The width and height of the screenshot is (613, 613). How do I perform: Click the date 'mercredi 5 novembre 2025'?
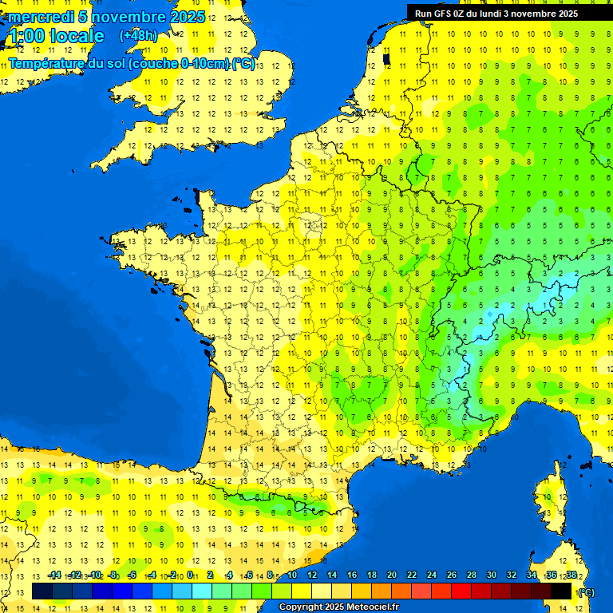click(107, 17)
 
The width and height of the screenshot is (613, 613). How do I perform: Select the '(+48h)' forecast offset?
click(138, 36)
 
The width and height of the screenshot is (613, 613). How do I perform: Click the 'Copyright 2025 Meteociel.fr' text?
click(338, 607)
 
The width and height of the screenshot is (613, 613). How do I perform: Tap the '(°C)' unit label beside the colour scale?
click(586, 592)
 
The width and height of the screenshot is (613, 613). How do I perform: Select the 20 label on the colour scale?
click(392, 575)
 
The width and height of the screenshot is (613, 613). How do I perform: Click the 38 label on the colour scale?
click(571, 575)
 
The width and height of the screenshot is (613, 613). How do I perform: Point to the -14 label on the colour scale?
click(54, 575)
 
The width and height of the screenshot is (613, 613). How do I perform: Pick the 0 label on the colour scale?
click(192, 575)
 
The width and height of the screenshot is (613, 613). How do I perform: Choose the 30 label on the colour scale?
click(492, 575)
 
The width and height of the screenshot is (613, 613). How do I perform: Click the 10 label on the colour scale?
click(292, 575)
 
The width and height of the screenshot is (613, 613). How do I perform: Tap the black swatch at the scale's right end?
click(561, 591)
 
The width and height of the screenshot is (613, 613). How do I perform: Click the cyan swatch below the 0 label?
click(202, 591)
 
